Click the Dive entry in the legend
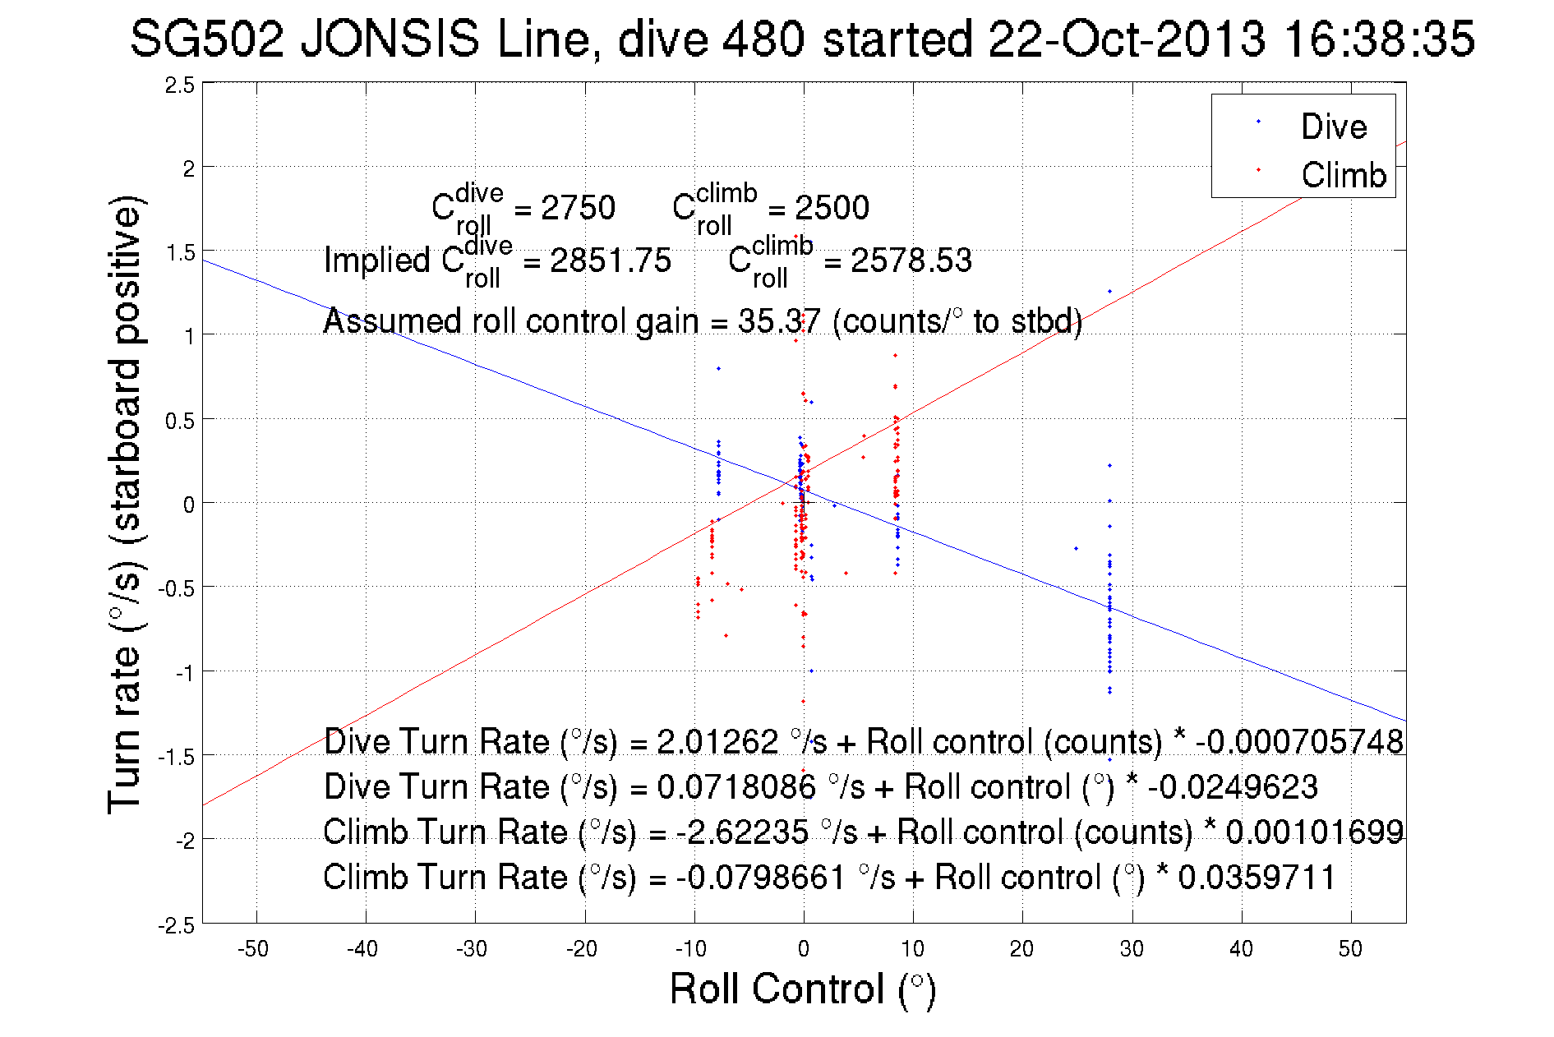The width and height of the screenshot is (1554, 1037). [x=1333, y=127]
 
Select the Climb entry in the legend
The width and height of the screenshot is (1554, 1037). [x=1343, y=175]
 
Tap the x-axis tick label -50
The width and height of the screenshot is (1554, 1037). [x=253, y=949]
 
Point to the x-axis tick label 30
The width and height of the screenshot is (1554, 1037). [x=1132, y=949]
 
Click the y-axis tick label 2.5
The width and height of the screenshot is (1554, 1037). [x=180, y=85]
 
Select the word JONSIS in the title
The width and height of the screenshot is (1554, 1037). [x=390, y=39]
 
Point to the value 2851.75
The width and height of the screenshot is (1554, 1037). [x=611, y=260]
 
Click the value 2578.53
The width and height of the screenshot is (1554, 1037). [x=911, y=260]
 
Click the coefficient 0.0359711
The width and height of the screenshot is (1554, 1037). [x=1257, y=877]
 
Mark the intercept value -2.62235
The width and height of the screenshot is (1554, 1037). [x=743, y=832]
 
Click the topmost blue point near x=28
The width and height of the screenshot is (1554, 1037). [x=1109, y=292]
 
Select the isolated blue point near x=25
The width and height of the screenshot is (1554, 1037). [x=1076, y=548]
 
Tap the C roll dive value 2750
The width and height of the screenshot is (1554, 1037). [x=578, y=208]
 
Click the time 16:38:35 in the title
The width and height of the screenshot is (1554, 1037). [x=1379, y=39]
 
